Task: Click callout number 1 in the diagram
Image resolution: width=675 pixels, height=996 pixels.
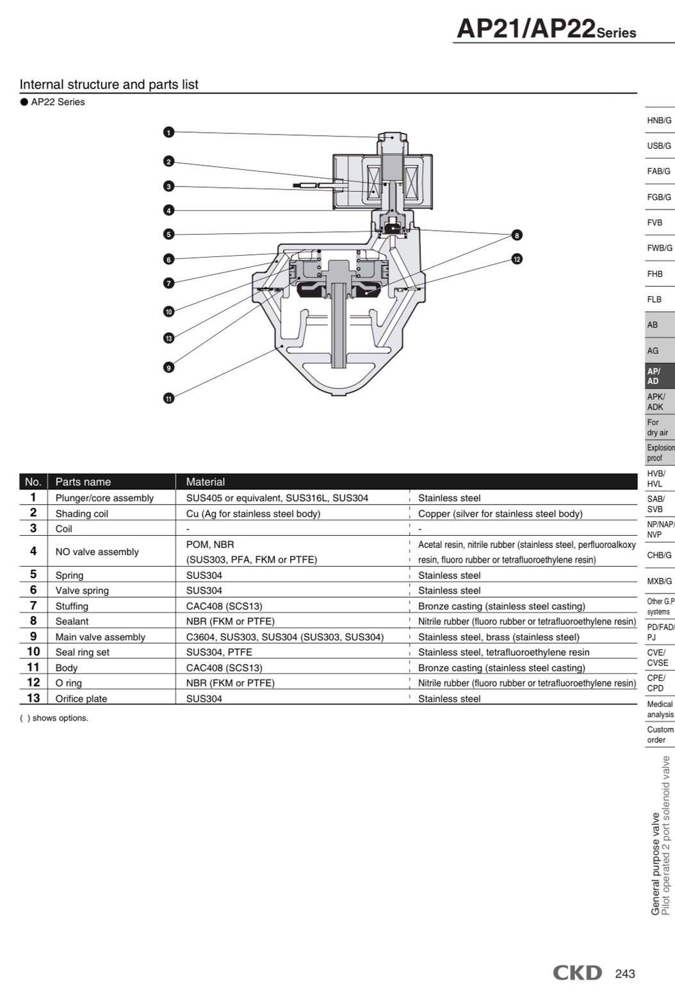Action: click(x=168, y=132)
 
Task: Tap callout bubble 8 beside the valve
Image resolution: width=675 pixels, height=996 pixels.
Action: click(x=517, y=235)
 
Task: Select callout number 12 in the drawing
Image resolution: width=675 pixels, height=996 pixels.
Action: click(x=517, y=259)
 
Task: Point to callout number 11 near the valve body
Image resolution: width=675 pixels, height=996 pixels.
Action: click(x=168, y=399)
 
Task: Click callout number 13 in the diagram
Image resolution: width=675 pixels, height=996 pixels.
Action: click(x=168, y=338)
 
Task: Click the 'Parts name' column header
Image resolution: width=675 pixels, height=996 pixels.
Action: click(x=83, y=482)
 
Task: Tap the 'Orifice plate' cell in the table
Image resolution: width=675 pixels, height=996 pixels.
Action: click(x=81, y=699)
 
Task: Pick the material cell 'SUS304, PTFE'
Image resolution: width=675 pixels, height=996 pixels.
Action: click(x=219, y=652)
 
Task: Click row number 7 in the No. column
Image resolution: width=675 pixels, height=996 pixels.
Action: click(x=33, y=606)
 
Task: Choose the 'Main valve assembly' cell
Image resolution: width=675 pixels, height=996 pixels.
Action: click(x=101, y=637)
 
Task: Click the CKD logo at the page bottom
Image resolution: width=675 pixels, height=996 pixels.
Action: click(x=578, y=973)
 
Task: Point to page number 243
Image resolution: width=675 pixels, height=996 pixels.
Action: click(x=625, y=974)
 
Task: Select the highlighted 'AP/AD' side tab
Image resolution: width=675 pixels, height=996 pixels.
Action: click(x=653, y=376)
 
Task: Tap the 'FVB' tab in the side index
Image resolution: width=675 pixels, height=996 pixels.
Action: click(x=655, y=222)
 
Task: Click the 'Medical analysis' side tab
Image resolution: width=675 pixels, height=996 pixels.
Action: click(x=660, y=709)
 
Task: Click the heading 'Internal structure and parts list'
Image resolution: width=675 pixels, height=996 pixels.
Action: click(x=109, y=85)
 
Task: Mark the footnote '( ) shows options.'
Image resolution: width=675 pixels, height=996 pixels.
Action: click(x=54, y=718)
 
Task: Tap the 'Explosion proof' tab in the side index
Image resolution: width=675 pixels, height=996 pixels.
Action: click(x=660, y=452)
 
